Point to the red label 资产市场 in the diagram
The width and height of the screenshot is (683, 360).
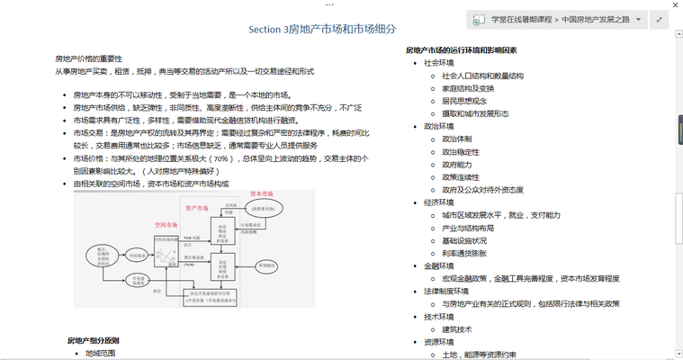[x=196, y=207]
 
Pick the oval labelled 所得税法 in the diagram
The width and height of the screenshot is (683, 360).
[x=265, y=266]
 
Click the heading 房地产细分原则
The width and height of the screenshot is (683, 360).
[x=93, y=340]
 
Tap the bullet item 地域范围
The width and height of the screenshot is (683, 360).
[x=101, y=354]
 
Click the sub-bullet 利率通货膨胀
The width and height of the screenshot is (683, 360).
[x=464, y=253]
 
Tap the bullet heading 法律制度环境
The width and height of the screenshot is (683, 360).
[x=447, y=292]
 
